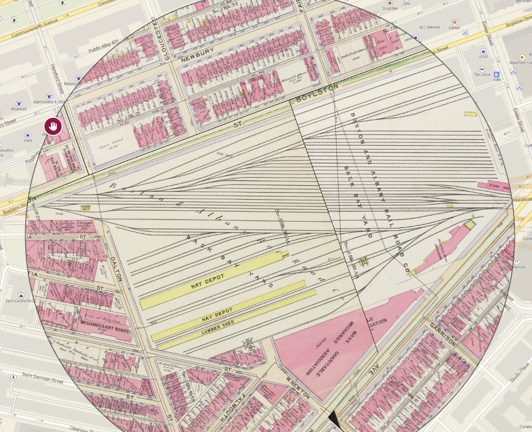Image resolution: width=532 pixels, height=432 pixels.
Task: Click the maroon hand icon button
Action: pos(53,127)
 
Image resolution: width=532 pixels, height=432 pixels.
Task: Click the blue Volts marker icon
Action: pos(496,74)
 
